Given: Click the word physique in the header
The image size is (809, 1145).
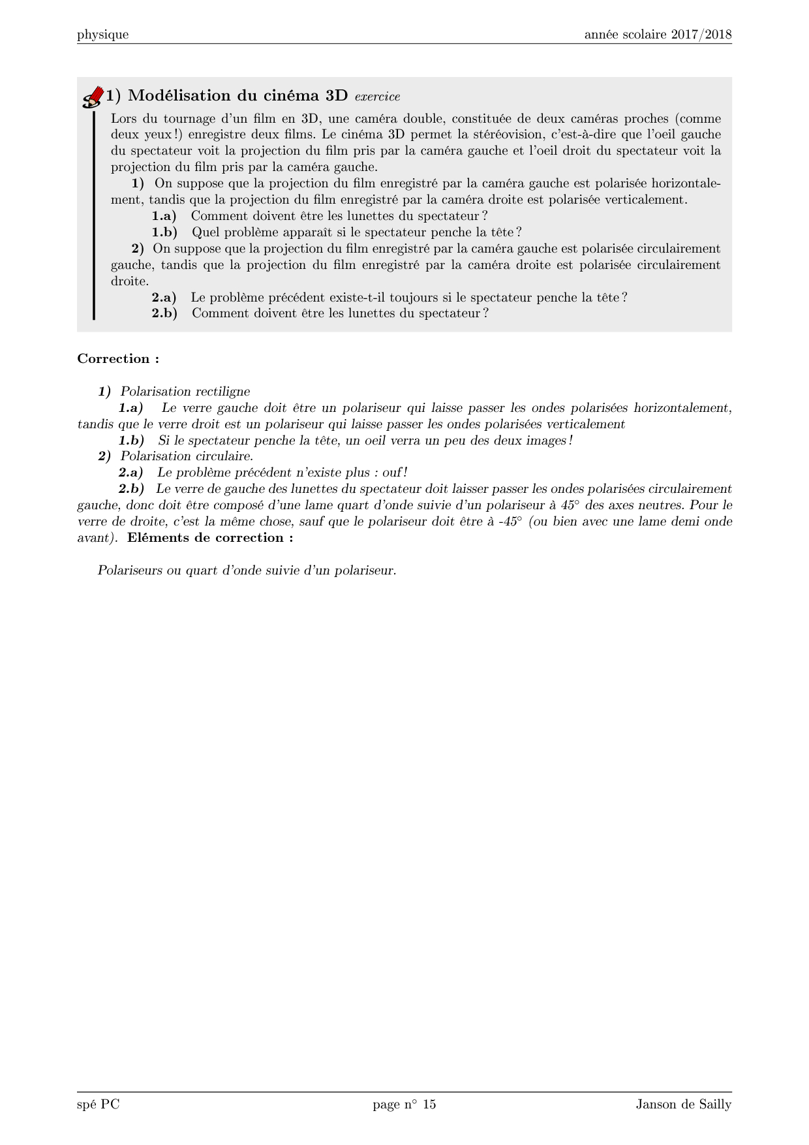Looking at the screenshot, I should coord(102,35).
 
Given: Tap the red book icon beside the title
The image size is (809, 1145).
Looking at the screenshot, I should coord(93,97).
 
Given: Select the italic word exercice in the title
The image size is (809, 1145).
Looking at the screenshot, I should coord(377,97).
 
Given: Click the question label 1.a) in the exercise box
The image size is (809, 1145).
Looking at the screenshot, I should coord(164,216).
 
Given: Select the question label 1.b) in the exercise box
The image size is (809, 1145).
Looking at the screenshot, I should coord(164,232).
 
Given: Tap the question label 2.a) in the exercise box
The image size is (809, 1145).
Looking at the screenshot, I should coord(164,298).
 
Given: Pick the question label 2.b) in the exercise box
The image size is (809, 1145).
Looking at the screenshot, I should coord(164,313).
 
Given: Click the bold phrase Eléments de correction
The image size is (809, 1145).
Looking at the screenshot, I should coord(209,538).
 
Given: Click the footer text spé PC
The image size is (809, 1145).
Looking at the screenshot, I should coord(98,1105).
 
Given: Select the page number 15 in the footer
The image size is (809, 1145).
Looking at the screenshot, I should coord(429,1105).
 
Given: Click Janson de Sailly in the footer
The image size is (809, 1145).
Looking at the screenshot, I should coord(684,1105).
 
